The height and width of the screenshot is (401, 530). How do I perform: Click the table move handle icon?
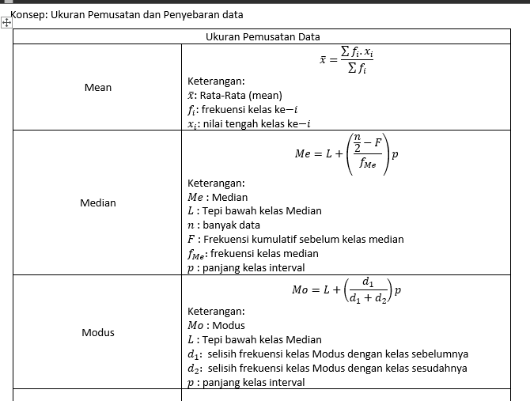(6, 23)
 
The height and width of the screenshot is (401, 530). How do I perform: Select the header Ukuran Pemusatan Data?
(263, 36)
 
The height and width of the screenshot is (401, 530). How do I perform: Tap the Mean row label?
(98, 87)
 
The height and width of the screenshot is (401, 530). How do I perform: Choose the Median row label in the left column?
(98, 203)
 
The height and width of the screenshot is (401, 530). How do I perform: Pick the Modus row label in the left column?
(98, 332)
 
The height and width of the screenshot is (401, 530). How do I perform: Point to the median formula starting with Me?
(346, 153)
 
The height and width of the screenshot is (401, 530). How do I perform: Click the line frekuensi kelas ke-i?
(249, 109)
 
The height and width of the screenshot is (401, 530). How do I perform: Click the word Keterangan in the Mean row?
(216, 81)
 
